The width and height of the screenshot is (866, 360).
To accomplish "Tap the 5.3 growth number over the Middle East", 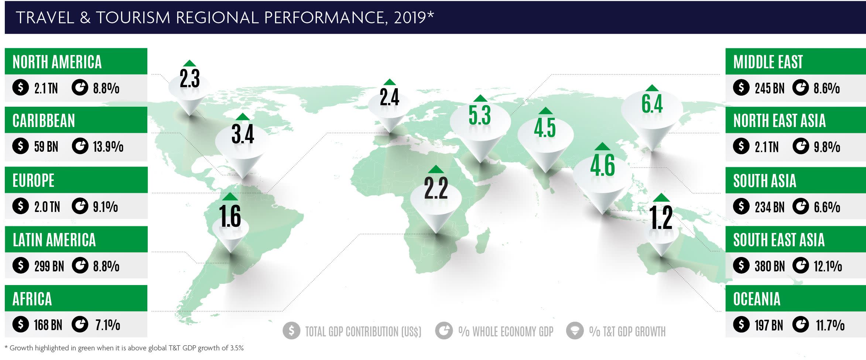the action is [480, 115].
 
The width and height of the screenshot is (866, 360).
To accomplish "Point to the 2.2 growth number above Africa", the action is [436, 188].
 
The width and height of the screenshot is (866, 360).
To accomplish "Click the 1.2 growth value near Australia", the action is [661, 217].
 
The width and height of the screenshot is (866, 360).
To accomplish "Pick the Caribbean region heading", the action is [44, 121].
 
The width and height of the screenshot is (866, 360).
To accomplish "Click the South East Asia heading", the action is [779, 240].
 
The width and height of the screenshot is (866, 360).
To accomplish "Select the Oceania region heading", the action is [757, 299].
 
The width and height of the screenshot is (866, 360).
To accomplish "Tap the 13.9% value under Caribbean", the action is [108, 147].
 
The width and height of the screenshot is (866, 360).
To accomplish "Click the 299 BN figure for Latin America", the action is [49, 266].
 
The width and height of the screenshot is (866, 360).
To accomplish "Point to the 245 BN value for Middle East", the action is [770, 88].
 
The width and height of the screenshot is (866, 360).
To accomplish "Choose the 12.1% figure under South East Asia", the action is [828, 266].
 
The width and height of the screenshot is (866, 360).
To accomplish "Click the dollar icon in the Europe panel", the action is [21, 206].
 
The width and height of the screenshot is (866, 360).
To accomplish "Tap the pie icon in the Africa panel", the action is [80, 325].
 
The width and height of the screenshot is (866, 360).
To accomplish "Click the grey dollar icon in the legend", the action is [291, 331].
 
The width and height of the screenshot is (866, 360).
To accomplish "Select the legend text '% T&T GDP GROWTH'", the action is [627, 332].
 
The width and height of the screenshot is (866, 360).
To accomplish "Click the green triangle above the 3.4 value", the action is [243, 117].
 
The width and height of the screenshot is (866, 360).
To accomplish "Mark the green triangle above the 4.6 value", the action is [602, 146].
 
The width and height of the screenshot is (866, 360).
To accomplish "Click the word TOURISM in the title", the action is [133, 18].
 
